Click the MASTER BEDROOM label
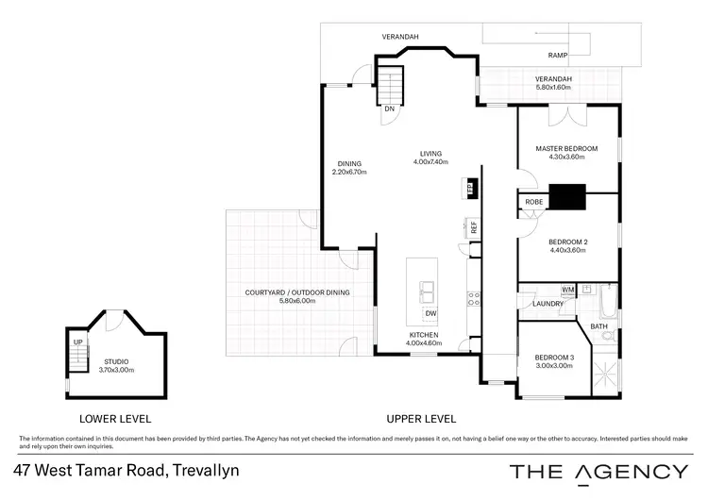pos(566,149)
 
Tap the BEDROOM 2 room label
pos(567,242)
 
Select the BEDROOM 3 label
pos(554,357)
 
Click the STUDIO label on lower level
pos(117,361)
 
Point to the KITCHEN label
pos(423,335)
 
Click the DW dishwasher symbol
pos(430,313)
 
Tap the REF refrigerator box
pos(474,227)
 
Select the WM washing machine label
pos(567,289)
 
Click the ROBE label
pos(533,202)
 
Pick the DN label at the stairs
pos(389,108)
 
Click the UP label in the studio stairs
pos(77,342)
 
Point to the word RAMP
pos(559,56)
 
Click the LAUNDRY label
pos(548,304)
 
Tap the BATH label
pos(598,326)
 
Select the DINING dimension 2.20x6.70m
pos(349,172)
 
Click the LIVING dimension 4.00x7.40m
pos(430,162)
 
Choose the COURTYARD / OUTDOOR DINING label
pos(295,292)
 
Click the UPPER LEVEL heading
pos(421,418)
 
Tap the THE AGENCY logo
pos(598,471)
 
